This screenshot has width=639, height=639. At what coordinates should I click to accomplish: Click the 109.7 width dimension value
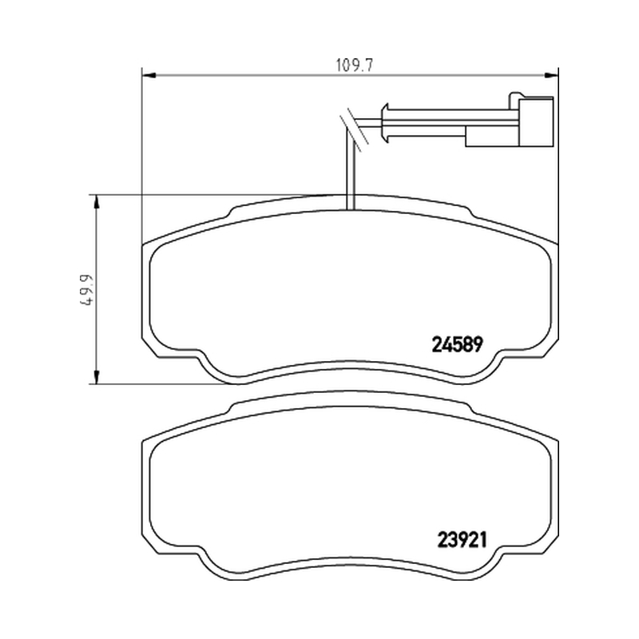point(355,65)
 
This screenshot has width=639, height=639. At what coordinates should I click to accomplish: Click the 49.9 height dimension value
point(86,289)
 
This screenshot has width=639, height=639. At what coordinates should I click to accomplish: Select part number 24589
point(457,345)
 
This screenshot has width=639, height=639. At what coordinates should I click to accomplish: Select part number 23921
point(462,541)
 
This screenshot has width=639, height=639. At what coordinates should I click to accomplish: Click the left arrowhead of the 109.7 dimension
point(149,75)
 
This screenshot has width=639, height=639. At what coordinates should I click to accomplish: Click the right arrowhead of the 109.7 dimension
point(551,75)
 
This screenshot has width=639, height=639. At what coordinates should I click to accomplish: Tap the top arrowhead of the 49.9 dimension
point(96,202)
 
